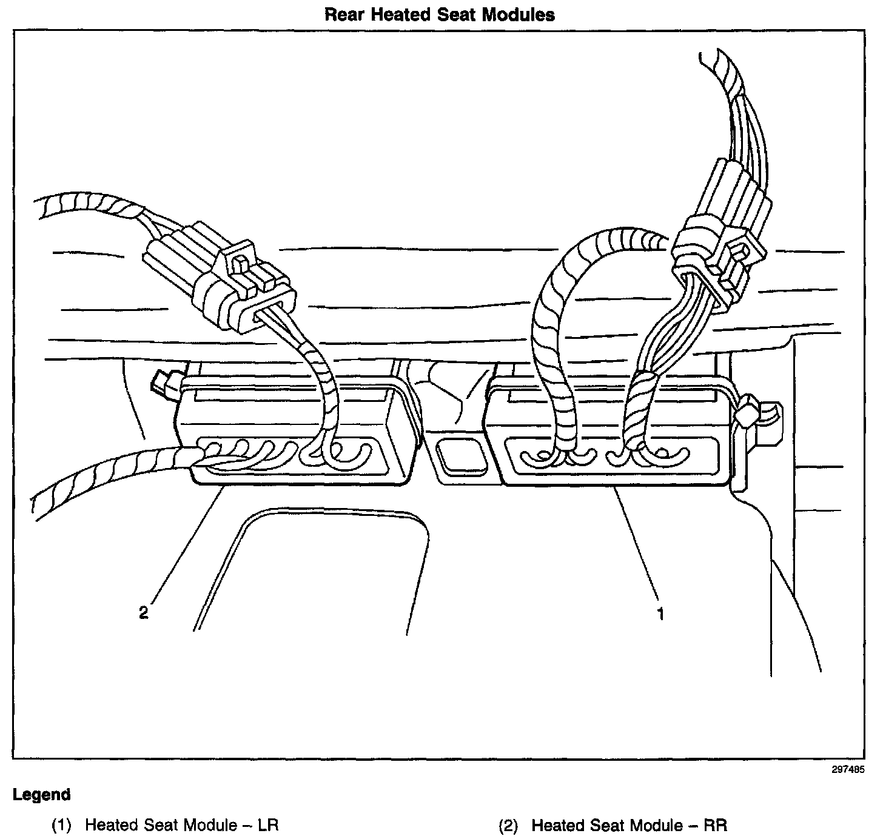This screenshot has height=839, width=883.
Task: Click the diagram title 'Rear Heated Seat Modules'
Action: coord(440,15)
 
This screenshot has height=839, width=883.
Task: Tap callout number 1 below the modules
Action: coord(661,614)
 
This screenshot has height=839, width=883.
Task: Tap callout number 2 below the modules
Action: coord(143,613)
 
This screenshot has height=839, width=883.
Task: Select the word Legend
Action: coord(42,795)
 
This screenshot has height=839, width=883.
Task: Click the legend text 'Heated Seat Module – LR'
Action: coord(182,825)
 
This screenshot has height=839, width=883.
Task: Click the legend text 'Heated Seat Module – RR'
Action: coord(629,825)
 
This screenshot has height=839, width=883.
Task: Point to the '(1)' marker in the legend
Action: coord(61,825)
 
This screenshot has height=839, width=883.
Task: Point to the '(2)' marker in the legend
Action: coord(508,825)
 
